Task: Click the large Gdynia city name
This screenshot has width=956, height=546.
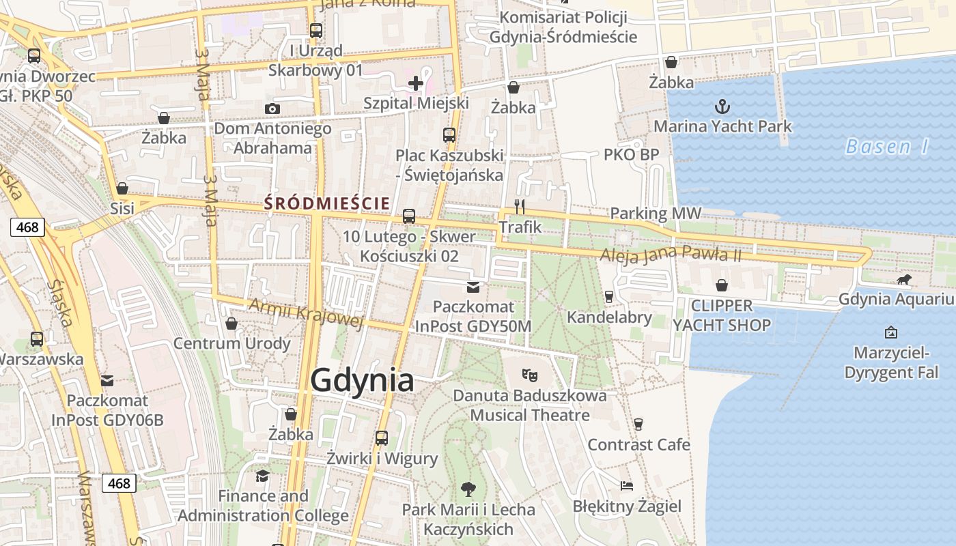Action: (x=362, y=381)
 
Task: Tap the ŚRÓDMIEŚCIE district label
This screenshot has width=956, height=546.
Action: (x=326, y=203)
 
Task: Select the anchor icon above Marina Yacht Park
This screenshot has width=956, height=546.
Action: (x=722, y=106)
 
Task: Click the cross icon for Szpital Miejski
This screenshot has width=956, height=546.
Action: (x=415, y=84)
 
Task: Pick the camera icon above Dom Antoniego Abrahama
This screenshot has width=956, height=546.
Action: (x=272, y=109)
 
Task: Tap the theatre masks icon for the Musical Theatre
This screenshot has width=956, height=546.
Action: (x=529, y=375)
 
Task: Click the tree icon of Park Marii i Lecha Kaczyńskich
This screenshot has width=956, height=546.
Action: (x=468, y=489)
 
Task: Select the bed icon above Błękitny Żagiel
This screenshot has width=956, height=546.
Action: (x=627, y=486)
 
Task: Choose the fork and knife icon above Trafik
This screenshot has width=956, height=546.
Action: (x=520, y=206)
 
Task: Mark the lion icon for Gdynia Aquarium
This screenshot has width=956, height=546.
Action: (x=904, y=279)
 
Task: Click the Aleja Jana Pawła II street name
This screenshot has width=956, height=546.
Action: (x=671, y=255)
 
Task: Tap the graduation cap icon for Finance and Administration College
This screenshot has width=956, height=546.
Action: (x=262, y=475)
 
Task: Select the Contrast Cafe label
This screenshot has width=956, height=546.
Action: (x=638, y=445)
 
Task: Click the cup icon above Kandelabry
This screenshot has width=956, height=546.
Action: (x=608, y=297)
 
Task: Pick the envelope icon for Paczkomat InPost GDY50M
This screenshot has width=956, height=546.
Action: (x=473, y=287)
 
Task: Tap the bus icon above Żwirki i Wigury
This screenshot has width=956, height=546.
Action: (x=382, y=437)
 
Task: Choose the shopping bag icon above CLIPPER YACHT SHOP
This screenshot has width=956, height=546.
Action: (x=722, y=285)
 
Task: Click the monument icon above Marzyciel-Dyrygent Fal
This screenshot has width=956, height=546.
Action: (x=890, y=332)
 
